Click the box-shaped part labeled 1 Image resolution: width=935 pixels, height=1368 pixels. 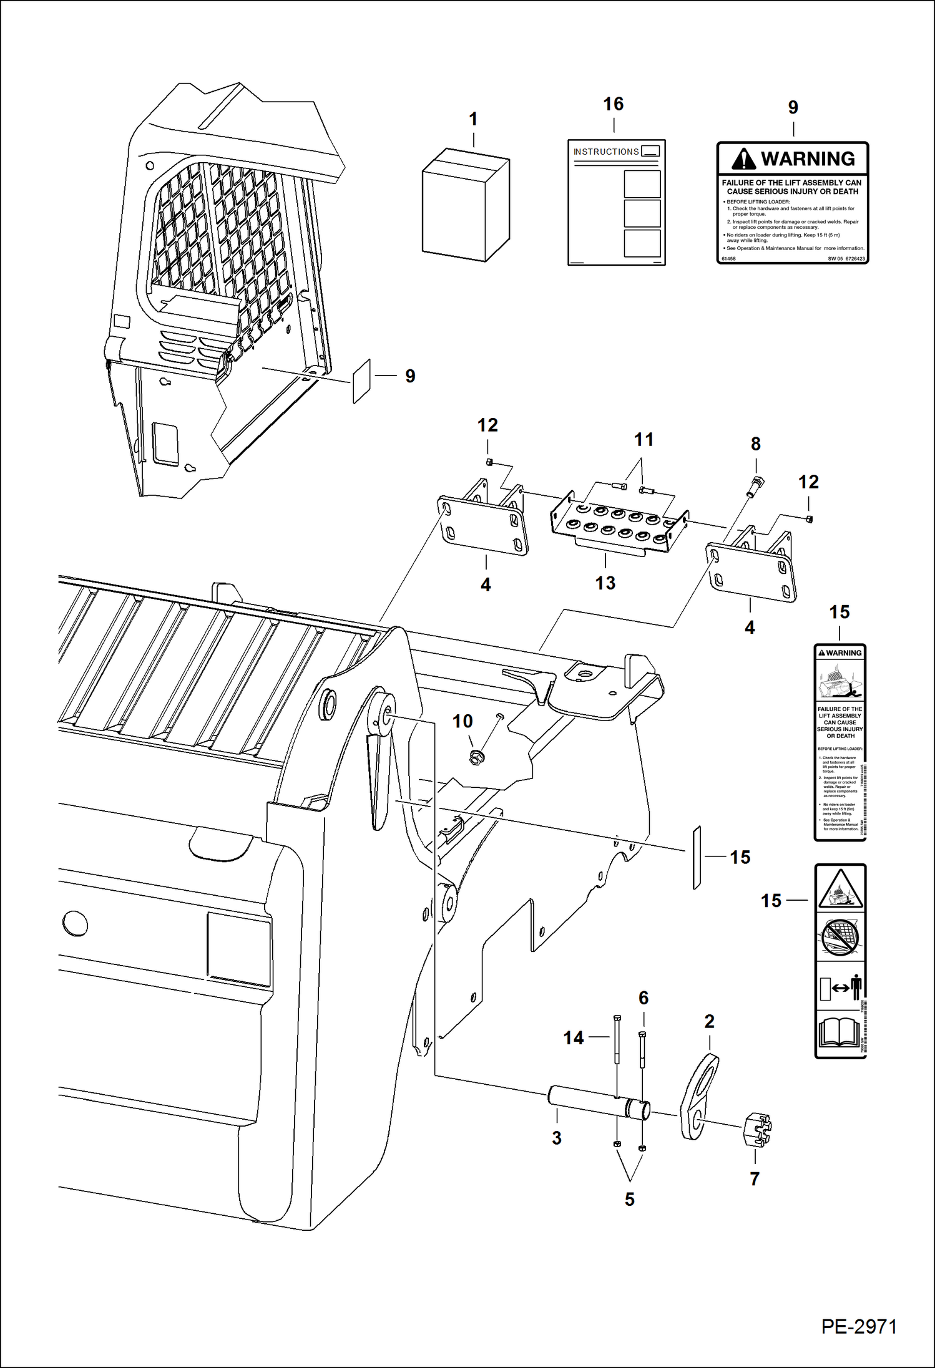(x=465, y=206)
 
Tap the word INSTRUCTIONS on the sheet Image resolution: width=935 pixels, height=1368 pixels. (x=605, y=152)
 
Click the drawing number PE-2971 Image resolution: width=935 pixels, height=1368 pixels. (x=859, y=1326)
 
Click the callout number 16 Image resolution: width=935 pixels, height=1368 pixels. (x=613, y=104)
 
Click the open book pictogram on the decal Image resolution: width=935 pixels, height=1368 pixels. (x=839, y=1032)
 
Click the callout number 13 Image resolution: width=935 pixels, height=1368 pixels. (x=605, y=583)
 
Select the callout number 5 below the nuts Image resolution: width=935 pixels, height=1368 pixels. (x=629, y=1199)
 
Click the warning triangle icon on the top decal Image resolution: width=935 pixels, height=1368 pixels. (x=743, y=159)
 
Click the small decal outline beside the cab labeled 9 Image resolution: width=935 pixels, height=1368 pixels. (x=361, y=381)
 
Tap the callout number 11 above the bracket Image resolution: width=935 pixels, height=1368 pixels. (x=644, y=440)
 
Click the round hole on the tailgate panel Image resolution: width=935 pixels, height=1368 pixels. (x=75, y=923)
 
